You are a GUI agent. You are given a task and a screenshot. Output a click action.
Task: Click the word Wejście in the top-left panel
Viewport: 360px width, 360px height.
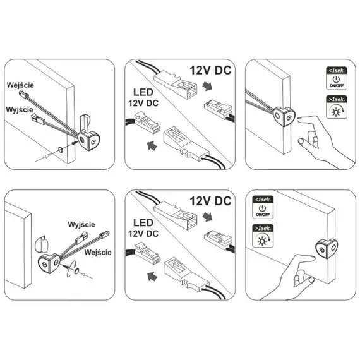click(20, 85)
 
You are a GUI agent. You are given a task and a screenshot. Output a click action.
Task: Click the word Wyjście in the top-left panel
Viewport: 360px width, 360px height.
click(20, 109)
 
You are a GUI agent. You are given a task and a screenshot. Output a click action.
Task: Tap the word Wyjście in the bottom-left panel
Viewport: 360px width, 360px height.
click(81, 224)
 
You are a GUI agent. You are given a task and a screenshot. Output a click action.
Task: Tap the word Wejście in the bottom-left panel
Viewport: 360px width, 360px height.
click(98, 253)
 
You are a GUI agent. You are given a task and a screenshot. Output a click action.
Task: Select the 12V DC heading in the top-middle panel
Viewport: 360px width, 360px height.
click(210, 70)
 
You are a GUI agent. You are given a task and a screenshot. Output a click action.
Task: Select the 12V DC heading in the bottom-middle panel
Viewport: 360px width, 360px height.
click(210, 201)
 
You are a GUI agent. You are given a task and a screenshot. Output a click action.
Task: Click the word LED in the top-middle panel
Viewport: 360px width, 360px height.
click(143, 92)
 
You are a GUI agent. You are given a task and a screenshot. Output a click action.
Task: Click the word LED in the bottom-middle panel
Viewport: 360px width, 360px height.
click(143, 223)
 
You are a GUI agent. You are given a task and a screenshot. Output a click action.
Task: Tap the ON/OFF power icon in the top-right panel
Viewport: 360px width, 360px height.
click(337, 81)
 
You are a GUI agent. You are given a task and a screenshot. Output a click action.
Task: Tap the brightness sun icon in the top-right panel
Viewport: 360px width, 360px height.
click(337, 111)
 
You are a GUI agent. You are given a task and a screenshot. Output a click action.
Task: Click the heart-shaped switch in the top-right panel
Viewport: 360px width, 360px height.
click(284, 117)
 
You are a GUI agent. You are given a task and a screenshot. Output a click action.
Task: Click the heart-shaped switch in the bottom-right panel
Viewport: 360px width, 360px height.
click(327, 249)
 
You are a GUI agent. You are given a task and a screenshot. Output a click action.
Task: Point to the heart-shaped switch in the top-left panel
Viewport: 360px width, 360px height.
click(90, 140)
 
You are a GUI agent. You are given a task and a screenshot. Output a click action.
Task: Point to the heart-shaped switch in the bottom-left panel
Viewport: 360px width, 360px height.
click(49, 264)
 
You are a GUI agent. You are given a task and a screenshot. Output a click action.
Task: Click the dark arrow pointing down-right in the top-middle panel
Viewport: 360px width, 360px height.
click(208, 87)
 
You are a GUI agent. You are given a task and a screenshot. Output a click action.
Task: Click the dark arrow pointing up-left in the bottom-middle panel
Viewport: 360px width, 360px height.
click(152, 275)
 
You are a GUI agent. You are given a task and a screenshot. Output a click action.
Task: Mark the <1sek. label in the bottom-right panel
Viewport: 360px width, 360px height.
click(263, 200)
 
